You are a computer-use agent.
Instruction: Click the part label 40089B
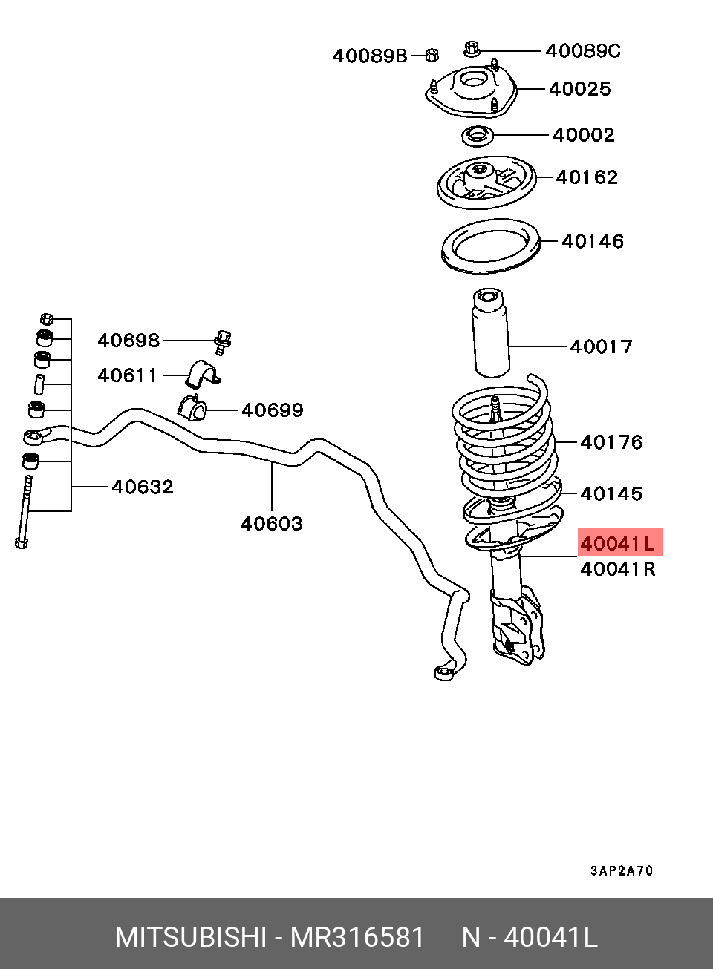coord(370,56)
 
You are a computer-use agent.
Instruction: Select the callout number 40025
coord(579,89)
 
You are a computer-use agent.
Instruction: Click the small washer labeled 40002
coord(477,137)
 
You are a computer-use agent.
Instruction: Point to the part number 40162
coord(587,177)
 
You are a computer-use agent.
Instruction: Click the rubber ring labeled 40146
coord(491,246)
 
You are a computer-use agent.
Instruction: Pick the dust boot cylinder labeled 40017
coord(490,332)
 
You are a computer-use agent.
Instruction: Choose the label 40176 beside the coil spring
coord(611,442)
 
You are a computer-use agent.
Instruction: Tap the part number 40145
coord(611,493)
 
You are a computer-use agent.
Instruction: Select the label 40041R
coord(618,569)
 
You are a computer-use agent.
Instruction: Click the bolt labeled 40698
coord(223,343)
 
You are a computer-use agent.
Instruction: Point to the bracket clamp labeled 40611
coord(203,374)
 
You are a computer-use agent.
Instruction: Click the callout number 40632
coord(143,487)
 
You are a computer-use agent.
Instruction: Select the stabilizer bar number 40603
coord(271,524)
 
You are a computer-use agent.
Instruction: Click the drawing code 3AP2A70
coord(622,870)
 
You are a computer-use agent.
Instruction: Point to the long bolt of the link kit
coord(25,512)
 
